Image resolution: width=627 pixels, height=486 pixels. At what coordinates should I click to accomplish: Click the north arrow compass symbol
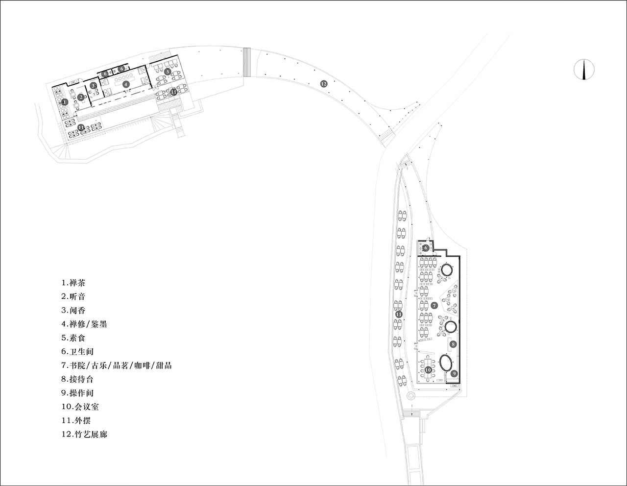point(584,69)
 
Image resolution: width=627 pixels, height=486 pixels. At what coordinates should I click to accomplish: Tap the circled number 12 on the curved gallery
point(324,84)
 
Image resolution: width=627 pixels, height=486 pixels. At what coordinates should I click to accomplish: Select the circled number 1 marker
point(65,101)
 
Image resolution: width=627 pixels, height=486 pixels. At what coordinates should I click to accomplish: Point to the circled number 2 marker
point(81,97)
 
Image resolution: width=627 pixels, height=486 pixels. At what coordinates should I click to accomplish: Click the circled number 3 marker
point(93,85)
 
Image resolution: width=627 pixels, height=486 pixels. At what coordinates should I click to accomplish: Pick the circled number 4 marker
point(125,84)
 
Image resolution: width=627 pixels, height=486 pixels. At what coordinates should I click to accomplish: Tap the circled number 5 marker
point(168,72)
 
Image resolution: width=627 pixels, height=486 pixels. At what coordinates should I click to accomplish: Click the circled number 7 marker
point(434,305)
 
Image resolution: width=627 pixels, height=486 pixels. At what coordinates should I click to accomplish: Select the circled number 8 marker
point(453,344)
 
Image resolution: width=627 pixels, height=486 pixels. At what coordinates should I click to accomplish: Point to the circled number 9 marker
point(454,373)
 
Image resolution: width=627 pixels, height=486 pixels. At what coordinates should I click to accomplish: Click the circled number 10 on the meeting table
point(428,370)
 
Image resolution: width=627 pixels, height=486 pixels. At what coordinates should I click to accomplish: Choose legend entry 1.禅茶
point(73,283)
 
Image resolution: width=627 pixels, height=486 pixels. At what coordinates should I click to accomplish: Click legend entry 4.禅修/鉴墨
point(84,324)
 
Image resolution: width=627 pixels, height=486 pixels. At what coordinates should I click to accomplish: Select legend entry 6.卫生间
point(77,351)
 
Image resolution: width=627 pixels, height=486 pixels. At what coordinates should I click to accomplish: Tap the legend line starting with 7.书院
point(116,365)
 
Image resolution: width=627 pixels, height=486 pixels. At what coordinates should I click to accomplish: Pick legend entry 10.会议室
point(80,407)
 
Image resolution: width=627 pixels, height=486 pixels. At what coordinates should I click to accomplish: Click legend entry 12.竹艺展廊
point(84,434)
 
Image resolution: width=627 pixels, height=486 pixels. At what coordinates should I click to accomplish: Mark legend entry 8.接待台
point(77,379)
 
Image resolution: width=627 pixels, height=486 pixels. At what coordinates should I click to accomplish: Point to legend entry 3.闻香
point(73,310)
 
